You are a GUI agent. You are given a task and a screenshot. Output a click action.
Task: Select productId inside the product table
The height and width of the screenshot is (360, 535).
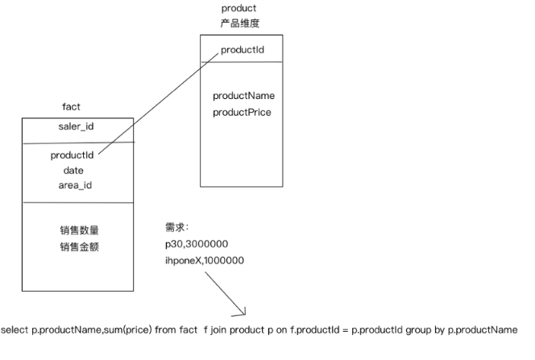pyautogui.click(x=243, y=51)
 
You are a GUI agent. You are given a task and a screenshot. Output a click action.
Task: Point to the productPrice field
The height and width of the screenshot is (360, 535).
pyautogui.click(x=242, y=112)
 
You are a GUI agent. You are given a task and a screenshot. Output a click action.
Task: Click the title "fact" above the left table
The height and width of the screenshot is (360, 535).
pyautogui.click(x=71, y=107)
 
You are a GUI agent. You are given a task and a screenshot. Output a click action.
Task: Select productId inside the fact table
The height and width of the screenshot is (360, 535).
pyautogui.click(x=73, y=155)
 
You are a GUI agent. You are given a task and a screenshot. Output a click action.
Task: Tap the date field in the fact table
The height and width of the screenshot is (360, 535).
pyautogui.click(x=73, y=171)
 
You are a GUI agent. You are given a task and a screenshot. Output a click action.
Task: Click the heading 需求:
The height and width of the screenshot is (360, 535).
pyautogui.click(x=176, y=228)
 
